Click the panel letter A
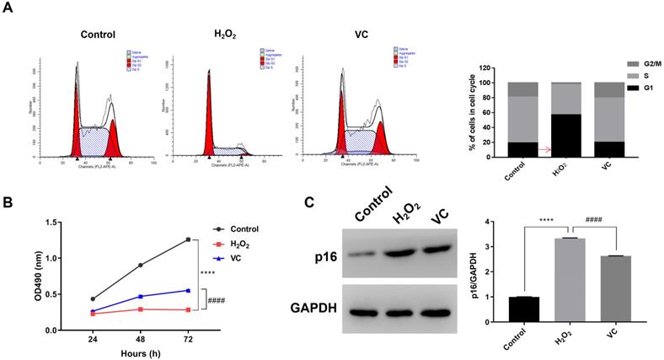(9, 8)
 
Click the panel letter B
(9, 203)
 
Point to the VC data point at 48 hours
(141, 297)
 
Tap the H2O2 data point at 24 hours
(93, 313)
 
